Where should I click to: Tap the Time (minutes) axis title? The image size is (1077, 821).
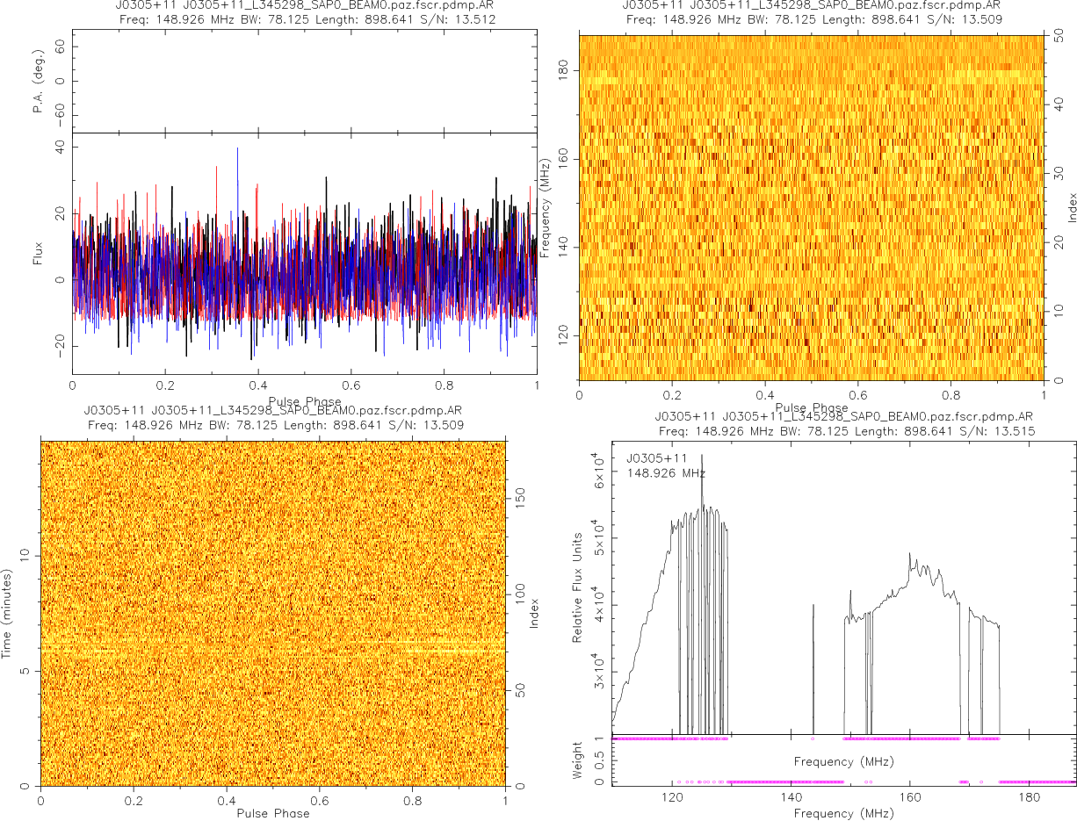pyautogui.click(x=7, y=613)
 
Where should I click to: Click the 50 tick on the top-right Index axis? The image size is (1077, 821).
pyautogui.click(x=1060, y=37)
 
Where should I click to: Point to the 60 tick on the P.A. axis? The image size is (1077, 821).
pyautogui.click(x=60, y=48)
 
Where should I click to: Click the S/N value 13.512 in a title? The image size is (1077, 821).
pyautogui.click(x=474, y=19)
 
